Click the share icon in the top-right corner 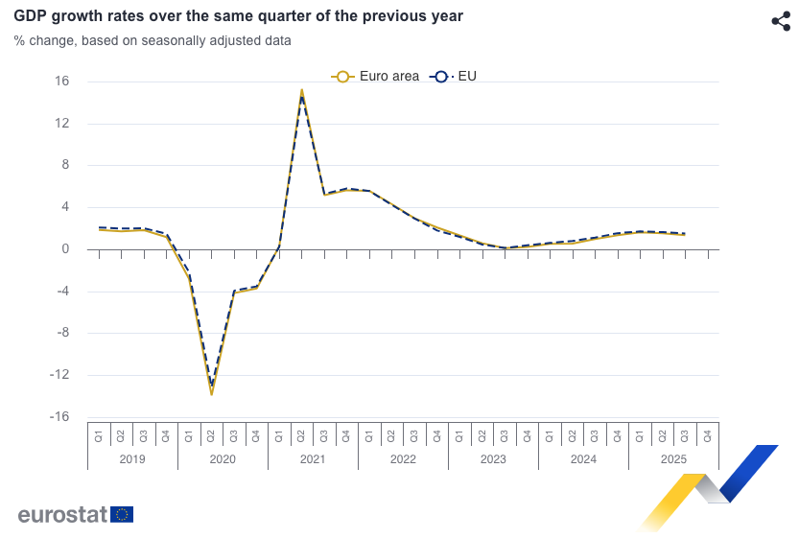[781, 21]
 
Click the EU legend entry [455, 77]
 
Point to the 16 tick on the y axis [61, 82]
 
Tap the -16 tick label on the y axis [59, 417]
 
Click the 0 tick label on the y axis [65, 249]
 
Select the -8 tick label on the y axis [61, 334]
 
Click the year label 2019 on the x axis [132, 459]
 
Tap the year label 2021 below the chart [313, 459]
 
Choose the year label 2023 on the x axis [493, 459]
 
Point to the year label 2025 [673, 459]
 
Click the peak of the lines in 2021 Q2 [302, 91]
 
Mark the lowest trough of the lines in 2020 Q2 [212, 393]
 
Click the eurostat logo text [61, 515]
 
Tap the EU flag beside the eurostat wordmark [122, 515]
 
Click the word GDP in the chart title [31, 16]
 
